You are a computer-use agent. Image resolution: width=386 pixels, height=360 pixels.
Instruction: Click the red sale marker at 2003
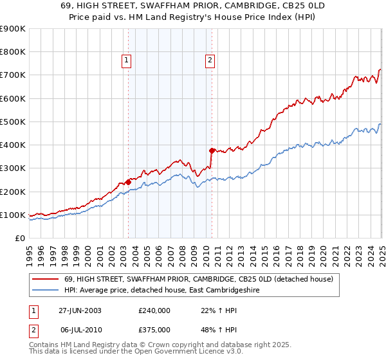point(128,182)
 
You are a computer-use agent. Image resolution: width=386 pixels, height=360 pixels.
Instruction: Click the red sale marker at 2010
point(211,150)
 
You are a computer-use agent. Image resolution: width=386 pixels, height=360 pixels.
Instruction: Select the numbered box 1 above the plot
point(126,61)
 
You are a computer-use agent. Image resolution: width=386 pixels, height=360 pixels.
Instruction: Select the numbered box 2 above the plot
point(210,61)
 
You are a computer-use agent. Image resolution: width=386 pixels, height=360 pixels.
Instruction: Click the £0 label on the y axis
point(20,238)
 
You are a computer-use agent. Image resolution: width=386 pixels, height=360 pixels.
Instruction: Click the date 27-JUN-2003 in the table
point(80,310)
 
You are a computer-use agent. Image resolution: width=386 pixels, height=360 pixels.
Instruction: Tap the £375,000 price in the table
point(154,328)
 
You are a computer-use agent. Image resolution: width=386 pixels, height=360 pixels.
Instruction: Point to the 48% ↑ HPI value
point(206,328)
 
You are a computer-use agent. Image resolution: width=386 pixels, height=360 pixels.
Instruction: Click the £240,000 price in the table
point(154,310)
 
